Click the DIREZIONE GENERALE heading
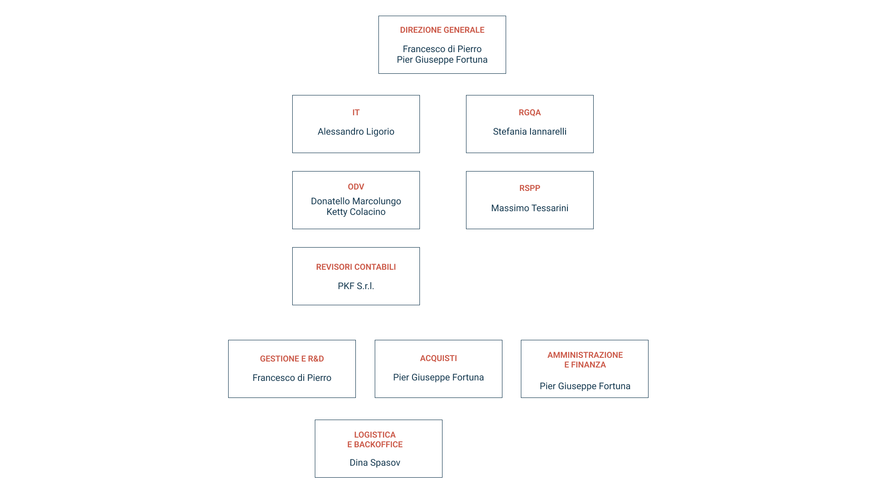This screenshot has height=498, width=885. [442, 30]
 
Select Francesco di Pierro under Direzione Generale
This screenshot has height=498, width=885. [442, 49]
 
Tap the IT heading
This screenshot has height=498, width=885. [356, 113]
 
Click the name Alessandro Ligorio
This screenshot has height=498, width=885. [356, 132]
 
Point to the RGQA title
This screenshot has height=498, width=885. [530, 113]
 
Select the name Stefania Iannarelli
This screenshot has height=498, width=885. [530, 132]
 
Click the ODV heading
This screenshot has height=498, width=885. [356, 187]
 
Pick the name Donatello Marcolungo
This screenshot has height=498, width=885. [356, 201]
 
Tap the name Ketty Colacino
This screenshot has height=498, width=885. [356, 212]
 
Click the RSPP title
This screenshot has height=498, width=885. [530, 188]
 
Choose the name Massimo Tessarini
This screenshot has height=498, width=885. [530, 208]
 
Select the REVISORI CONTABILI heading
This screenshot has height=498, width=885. [356, 267]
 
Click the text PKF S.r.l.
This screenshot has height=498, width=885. [356, 286]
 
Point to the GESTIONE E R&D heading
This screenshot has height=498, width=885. [292, 359]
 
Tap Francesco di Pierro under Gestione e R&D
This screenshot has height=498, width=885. [292, 378]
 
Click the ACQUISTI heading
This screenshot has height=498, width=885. [438, 358]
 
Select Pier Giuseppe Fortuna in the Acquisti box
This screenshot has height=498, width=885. [438, 377]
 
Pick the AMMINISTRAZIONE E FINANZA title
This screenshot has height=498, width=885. [585, 360]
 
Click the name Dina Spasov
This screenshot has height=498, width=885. [375, 462]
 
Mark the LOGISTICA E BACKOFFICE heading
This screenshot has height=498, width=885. [375, 439]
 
